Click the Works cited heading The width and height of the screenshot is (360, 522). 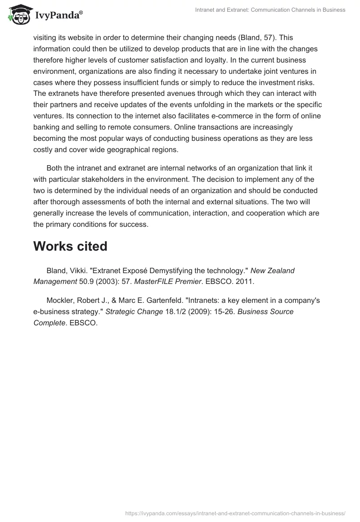tap(70, 246)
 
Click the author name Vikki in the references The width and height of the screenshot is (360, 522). tap(76, 271)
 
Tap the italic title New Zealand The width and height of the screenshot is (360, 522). tap(272, 271)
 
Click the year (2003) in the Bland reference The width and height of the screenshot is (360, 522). tap(106, 282)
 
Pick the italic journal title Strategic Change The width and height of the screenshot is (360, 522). tap(134, 312)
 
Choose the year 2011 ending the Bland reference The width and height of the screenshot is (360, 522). tap(247, 282)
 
